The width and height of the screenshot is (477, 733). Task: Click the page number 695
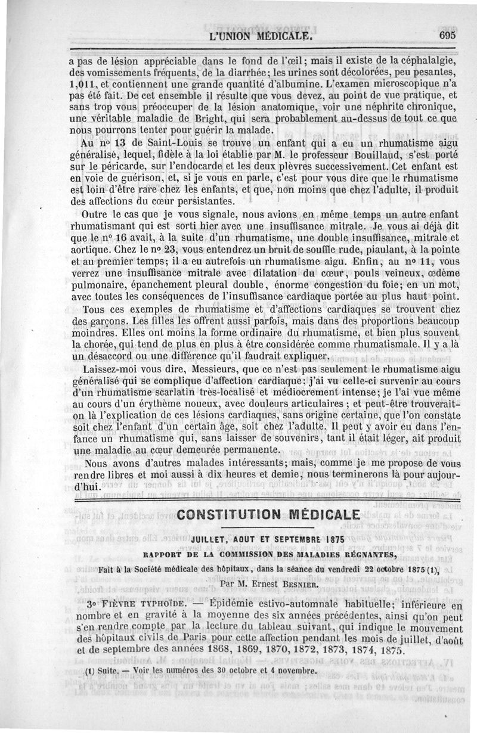tap(445, 35)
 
